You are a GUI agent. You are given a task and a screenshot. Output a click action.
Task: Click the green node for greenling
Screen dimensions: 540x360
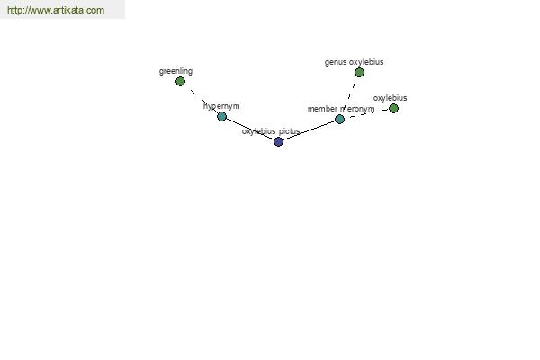pyautogui.click(x=180, y=82)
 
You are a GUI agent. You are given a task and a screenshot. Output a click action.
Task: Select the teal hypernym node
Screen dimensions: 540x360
pyautogui.click(x=221, y=116)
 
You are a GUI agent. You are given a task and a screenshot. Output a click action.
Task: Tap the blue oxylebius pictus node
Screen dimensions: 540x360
pyautogui.click(x=278, y=141)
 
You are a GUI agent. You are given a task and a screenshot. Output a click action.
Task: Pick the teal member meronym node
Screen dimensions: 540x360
pyautogui.click(x=339, y=119)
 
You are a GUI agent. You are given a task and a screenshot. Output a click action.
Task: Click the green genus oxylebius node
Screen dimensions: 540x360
pyautogui.click(x=359, y=72)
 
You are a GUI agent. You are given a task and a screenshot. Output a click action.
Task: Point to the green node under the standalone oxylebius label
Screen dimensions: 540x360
pyautogui.click(x=393, y=109)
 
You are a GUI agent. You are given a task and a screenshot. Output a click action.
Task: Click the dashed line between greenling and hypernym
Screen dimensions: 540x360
pyautogui.click(x=201, y=99)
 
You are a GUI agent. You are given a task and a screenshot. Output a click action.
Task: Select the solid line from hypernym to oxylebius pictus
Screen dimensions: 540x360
pyautogui.click(x=250, y=129)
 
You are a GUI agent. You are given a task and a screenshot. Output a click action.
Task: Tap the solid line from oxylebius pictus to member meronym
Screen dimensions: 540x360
pyautogui.click(x=309, y=130)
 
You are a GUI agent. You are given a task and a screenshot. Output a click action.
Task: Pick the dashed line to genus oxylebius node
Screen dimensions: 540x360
pyautogui.click(x=349, y=95)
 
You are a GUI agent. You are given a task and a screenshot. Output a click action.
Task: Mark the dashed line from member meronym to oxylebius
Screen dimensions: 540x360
pyautogui.click(x=366, y=114)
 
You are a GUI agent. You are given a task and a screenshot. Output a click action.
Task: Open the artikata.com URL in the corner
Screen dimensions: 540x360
pyautogui.click(x=56, y=10)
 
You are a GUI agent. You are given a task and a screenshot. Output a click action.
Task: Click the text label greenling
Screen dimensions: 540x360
pyautogui.click(x=175, y=71)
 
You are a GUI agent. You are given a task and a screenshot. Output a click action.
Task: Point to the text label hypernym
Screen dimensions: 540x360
pyautogui.click(x=221, y=106)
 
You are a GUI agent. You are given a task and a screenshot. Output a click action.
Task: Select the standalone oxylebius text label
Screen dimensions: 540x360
pyautogui.click(x=390, y=98)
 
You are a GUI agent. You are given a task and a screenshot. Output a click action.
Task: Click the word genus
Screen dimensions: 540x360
pyautogui.click(x=336, y=62)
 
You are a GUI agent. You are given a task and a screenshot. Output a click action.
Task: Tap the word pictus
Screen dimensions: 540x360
pyautogui.click(x=289, y=131)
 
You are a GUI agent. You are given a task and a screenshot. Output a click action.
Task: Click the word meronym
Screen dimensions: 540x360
pyautogui.click(x=357, y=109)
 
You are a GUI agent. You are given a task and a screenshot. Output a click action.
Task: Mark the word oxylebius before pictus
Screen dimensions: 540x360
pyautogui.click(x=258, y=131)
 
